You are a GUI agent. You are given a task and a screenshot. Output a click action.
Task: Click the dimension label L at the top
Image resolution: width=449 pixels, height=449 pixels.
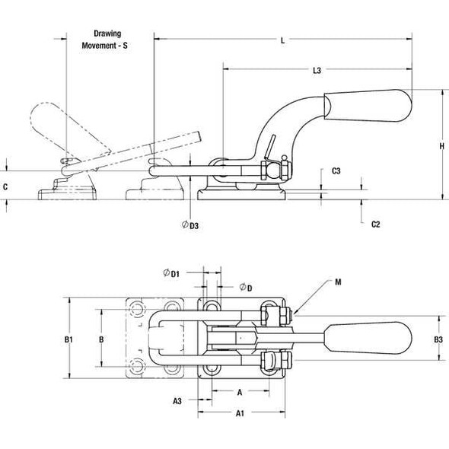(x=282, y=41)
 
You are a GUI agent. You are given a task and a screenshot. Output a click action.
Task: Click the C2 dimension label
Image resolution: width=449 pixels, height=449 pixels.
(x=375, y=224)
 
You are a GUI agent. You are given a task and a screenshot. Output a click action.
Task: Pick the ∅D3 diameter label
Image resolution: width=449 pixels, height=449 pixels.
(x=191, y=225)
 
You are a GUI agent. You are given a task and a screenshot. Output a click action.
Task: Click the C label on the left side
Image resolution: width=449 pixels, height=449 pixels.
(x=5, y=186)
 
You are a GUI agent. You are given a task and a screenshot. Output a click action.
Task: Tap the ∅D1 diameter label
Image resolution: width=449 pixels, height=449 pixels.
(x=171, y=273)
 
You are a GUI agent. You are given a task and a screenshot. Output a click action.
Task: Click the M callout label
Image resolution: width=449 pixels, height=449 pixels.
(x=337, y=282)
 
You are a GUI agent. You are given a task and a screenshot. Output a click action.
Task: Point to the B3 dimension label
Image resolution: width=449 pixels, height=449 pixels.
(x=438, y=339)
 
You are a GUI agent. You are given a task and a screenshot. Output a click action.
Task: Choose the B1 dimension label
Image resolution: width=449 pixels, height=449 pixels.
(x=68, y=338)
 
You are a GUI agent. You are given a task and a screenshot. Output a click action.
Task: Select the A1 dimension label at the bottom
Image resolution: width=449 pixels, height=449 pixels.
(x=239, y=413)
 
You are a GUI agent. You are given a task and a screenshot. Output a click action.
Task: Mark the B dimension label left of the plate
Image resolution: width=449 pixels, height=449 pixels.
(x=101, y=338)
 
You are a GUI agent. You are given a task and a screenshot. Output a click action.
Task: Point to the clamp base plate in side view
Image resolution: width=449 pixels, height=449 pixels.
(x=241, y=195)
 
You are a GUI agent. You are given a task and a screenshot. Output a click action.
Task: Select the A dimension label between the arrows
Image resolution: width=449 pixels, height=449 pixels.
(x=239, y=393)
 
